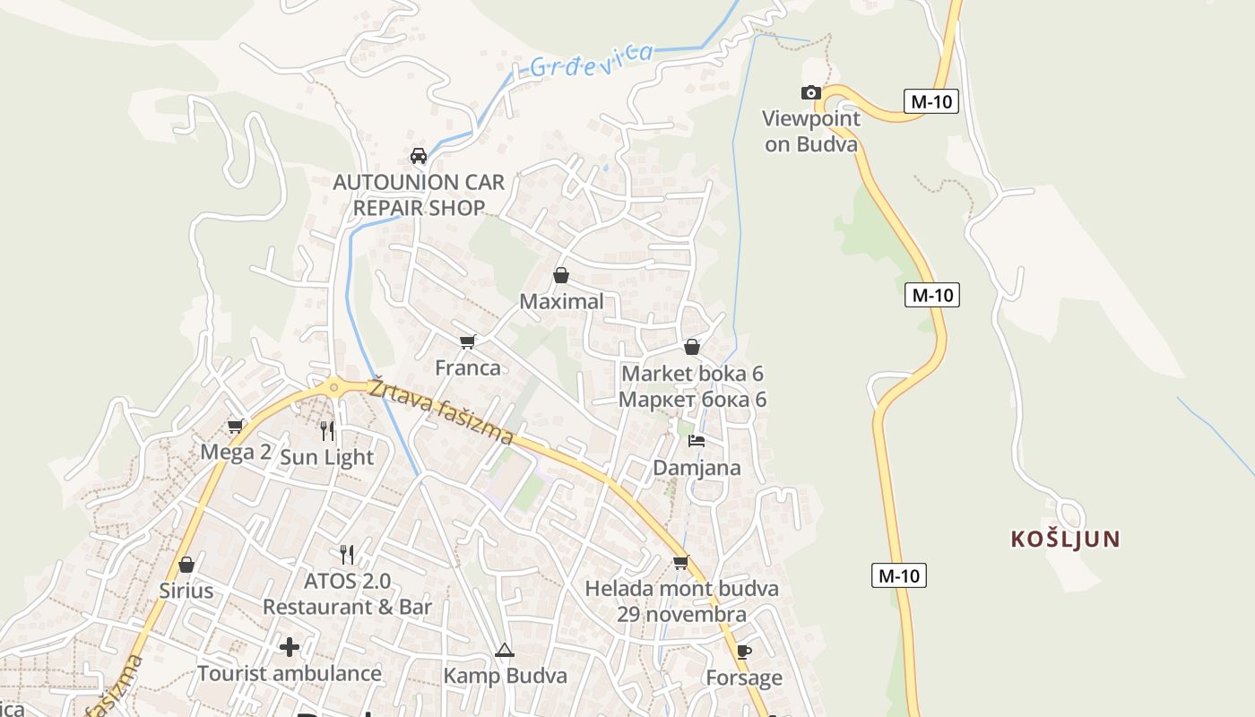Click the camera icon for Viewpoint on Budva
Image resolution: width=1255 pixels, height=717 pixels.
[x=810, y=92]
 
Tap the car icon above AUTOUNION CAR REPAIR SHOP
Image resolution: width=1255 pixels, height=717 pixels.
[x=418, y=156]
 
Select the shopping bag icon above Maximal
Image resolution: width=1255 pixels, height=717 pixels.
[x=561, y=275]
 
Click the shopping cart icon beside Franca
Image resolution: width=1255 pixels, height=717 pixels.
[x=467, y=341]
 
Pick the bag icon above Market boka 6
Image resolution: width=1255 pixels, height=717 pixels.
[x=692, y=347]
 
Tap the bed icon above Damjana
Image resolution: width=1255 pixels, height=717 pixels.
[x=697, y=441]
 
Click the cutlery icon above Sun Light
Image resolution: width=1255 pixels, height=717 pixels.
[x=326, y=431]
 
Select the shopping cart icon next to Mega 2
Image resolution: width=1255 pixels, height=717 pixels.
[x=236, y=426]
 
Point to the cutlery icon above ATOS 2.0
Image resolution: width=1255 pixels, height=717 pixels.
[x=347, y=555]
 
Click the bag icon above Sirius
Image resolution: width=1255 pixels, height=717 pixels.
[x=186, y=565]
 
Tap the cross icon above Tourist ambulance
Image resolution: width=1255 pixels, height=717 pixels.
[x=290, y=646]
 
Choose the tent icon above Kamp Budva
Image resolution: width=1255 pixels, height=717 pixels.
[x=505, y=650]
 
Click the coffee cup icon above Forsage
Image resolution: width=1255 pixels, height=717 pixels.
[x=743, y=652]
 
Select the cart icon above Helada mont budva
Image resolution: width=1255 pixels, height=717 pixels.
[x=681, y=563]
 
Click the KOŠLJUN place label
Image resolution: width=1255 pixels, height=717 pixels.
[x=1065, y=539]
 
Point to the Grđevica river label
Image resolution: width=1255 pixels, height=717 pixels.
[x=591, y=60]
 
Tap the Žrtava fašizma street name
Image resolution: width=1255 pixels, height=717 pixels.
[x=440, y=410]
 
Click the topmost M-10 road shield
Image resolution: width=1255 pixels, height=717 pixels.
[x=931, y=101]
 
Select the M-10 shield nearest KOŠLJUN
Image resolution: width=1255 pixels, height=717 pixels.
[x=899, y=575]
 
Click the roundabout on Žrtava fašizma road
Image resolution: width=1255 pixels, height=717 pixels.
[x=334, y=388]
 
